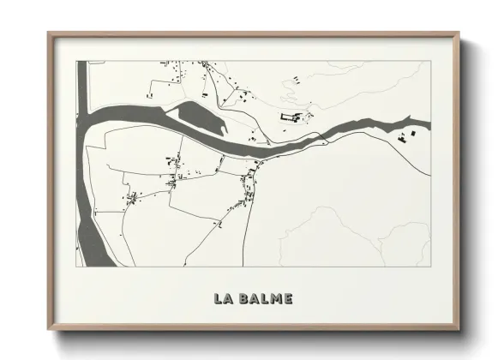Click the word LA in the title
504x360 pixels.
225,299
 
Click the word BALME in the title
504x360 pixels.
266,299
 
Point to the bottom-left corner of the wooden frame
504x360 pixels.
49,330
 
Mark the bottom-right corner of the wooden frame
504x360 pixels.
459,330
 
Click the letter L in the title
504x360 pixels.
219,299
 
